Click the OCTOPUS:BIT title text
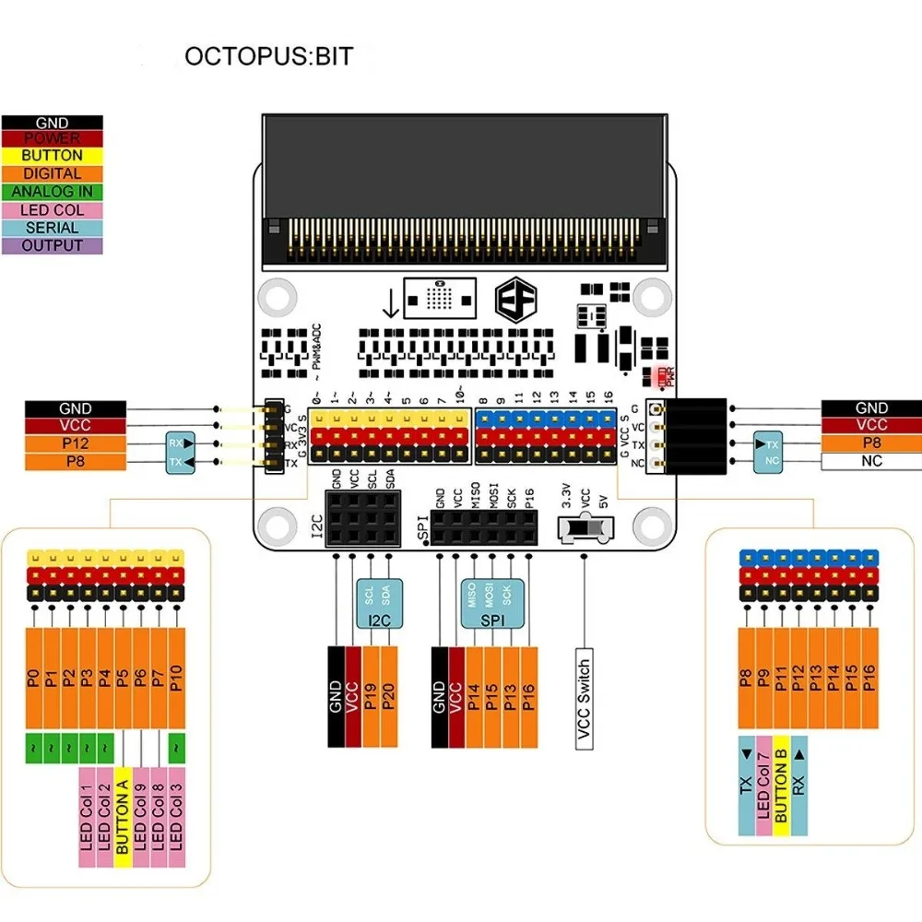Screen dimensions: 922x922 click(268, 56)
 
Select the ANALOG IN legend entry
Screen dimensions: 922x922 click(53, 192)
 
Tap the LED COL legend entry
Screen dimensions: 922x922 click(53, 210)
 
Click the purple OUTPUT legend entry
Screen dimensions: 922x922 click(53, 246)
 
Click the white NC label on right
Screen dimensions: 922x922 click(871, 460)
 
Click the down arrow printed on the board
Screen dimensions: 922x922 click(390, 301)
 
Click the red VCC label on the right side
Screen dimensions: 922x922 click(871, 425)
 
